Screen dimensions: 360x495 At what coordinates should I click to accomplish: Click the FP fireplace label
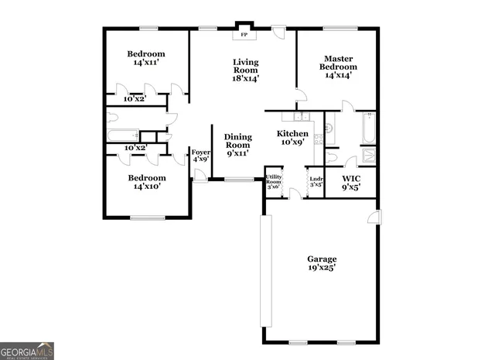coord(245,35)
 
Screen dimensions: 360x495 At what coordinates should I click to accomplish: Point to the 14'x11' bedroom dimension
coord(146,64)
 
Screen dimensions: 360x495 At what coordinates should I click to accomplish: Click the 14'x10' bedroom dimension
coord(146,187)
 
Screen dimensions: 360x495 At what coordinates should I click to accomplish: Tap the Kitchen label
coord(293,133)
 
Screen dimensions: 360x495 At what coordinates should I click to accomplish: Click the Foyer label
coord(200,153)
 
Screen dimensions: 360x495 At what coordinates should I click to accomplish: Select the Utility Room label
coord(274,180)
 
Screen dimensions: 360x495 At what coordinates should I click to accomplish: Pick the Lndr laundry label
coord(316,179)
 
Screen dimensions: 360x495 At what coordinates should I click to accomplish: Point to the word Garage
coord(321,259)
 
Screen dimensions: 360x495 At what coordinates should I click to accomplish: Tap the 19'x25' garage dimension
coord(321,269)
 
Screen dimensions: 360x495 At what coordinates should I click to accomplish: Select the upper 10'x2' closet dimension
coord(135,99)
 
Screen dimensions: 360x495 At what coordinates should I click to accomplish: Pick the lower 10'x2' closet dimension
coord(135,147)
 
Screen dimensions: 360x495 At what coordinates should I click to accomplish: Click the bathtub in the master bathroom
coord(368,129)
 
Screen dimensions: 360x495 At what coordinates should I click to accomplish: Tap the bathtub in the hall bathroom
coord(124,135)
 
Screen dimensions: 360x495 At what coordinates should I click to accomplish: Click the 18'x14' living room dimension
coord(246,77)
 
